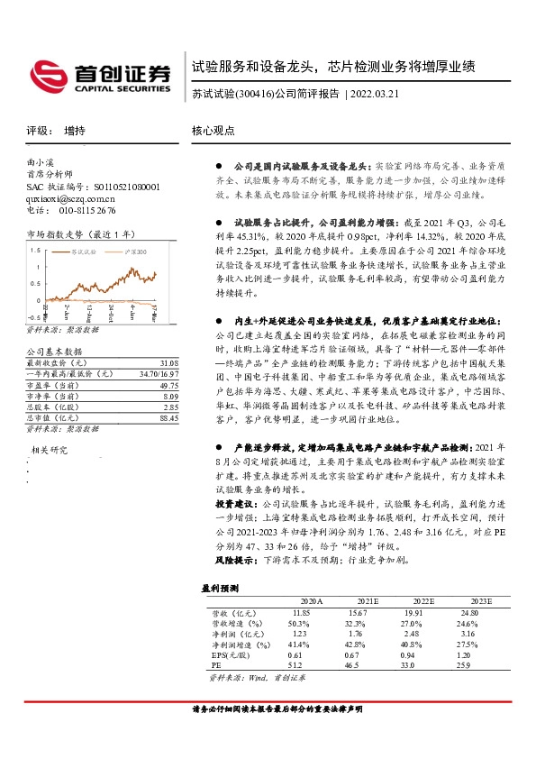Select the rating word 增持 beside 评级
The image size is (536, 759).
75,131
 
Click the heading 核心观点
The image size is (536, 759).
213,131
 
